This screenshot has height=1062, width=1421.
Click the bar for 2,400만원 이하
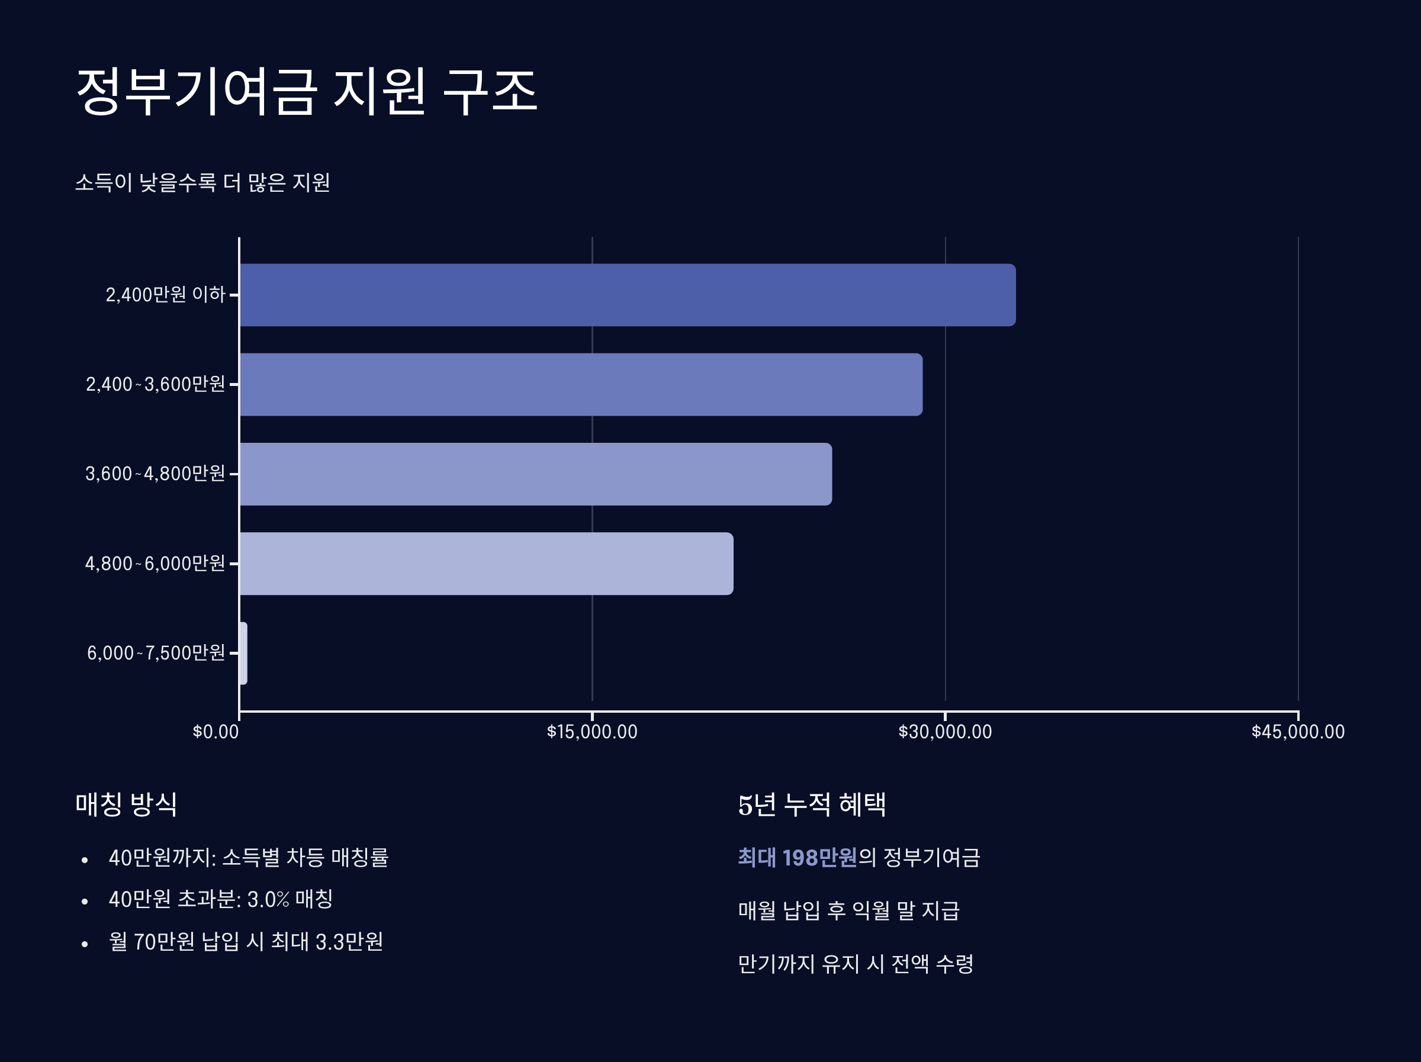pyautogui.click(x=627, y=295)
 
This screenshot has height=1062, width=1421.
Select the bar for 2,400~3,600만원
pyautogui.click(x=581, y=384)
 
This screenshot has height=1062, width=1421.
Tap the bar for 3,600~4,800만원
pyautogui.click(x=535, y=474)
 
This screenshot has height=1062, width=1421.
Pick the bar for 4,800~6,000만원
pyautogui.click(x=486, y=564)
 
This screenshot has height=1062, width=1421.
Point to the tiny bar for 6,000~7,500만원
pyautogui.click(x=243, y=653)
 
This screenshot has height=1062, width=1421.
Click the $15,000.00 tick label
pyautogui.click(x=591, y=732)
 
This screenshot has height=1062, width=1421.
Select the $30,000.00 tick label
pyautogui.click(x=945, y=732)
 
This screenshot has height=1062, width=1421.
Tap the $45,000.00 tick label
pyautogui.click(x=1298, y=732)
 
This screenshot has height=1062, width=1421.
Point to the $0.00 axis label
pyautogui.click(x=216, y=732)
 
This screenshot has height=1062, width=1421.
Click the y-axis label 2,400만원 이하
pyautogui.click(x=165, y=295)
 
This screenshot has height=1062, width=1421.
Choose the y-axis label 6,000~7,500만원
pyautogui.click(x=156, y=654)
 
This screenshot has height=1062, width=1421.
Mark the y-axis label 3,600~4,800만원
pyautogui.click(x=156, y=474)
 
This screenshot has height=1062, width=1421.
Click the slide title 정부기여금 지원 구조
pyautogui.click(x=307, y=92)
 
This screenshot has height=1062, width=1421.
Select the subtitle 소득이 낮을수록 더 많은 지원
pyautogui.click(x=202, y=183)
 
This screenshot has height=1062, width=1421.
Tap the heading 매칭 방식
pyautogui.click(x=126, y=804)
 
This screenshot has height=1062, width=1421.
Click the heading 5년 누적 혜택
pyautogui.click(x=812, y=804)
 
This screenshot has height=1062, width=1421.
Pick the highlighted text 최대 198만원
pyautogui.click(x=796, y=858)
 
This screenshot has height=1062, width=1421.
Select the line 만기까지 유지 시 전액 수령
pyautogui.click(x=855, y=964)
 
